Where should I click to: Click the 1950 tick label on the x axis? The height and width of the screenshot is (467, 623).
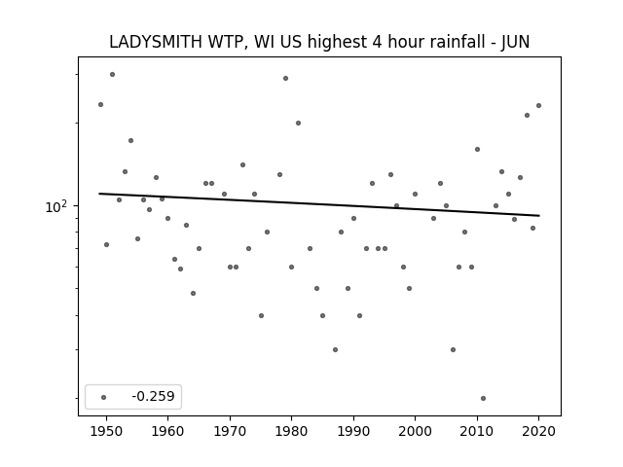106,431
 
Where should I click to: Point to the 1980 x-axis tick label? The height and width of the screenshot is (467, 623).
292,431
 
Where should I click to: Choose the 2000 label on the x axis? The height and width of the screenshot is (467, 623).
416,431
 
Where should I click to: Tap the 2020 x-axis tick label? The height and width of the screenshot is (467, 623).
538,431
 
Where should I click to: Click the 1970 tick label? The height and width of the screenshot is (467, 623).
230,431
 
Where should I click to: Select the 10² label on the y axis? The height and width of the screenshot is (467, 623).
55,207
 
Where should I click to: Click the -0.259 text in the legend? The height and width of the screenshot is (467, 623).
153,396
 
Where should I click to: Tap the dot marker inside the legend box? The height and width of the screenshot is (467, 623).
104,397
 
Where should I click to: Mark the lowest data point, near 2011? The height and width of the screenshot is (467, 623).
483,398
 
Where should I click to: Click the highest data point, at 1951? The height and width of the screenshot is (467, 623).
113,74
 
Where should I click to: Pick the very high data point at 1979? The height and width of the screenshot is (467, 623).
285,78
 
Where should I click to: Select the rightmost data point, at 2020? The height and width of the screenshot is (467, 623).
538,106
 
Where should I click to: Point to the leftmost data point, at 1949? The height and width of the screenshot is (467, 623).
101,104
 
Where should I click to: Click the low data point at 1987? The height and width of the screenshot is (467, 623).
335,350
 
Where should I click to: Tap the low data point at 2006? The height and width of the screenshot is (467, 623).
453,350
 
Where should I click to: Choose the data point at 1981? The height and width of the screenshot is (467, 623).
299,124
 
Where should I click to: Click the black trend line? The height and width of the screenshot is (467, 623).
319,204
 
